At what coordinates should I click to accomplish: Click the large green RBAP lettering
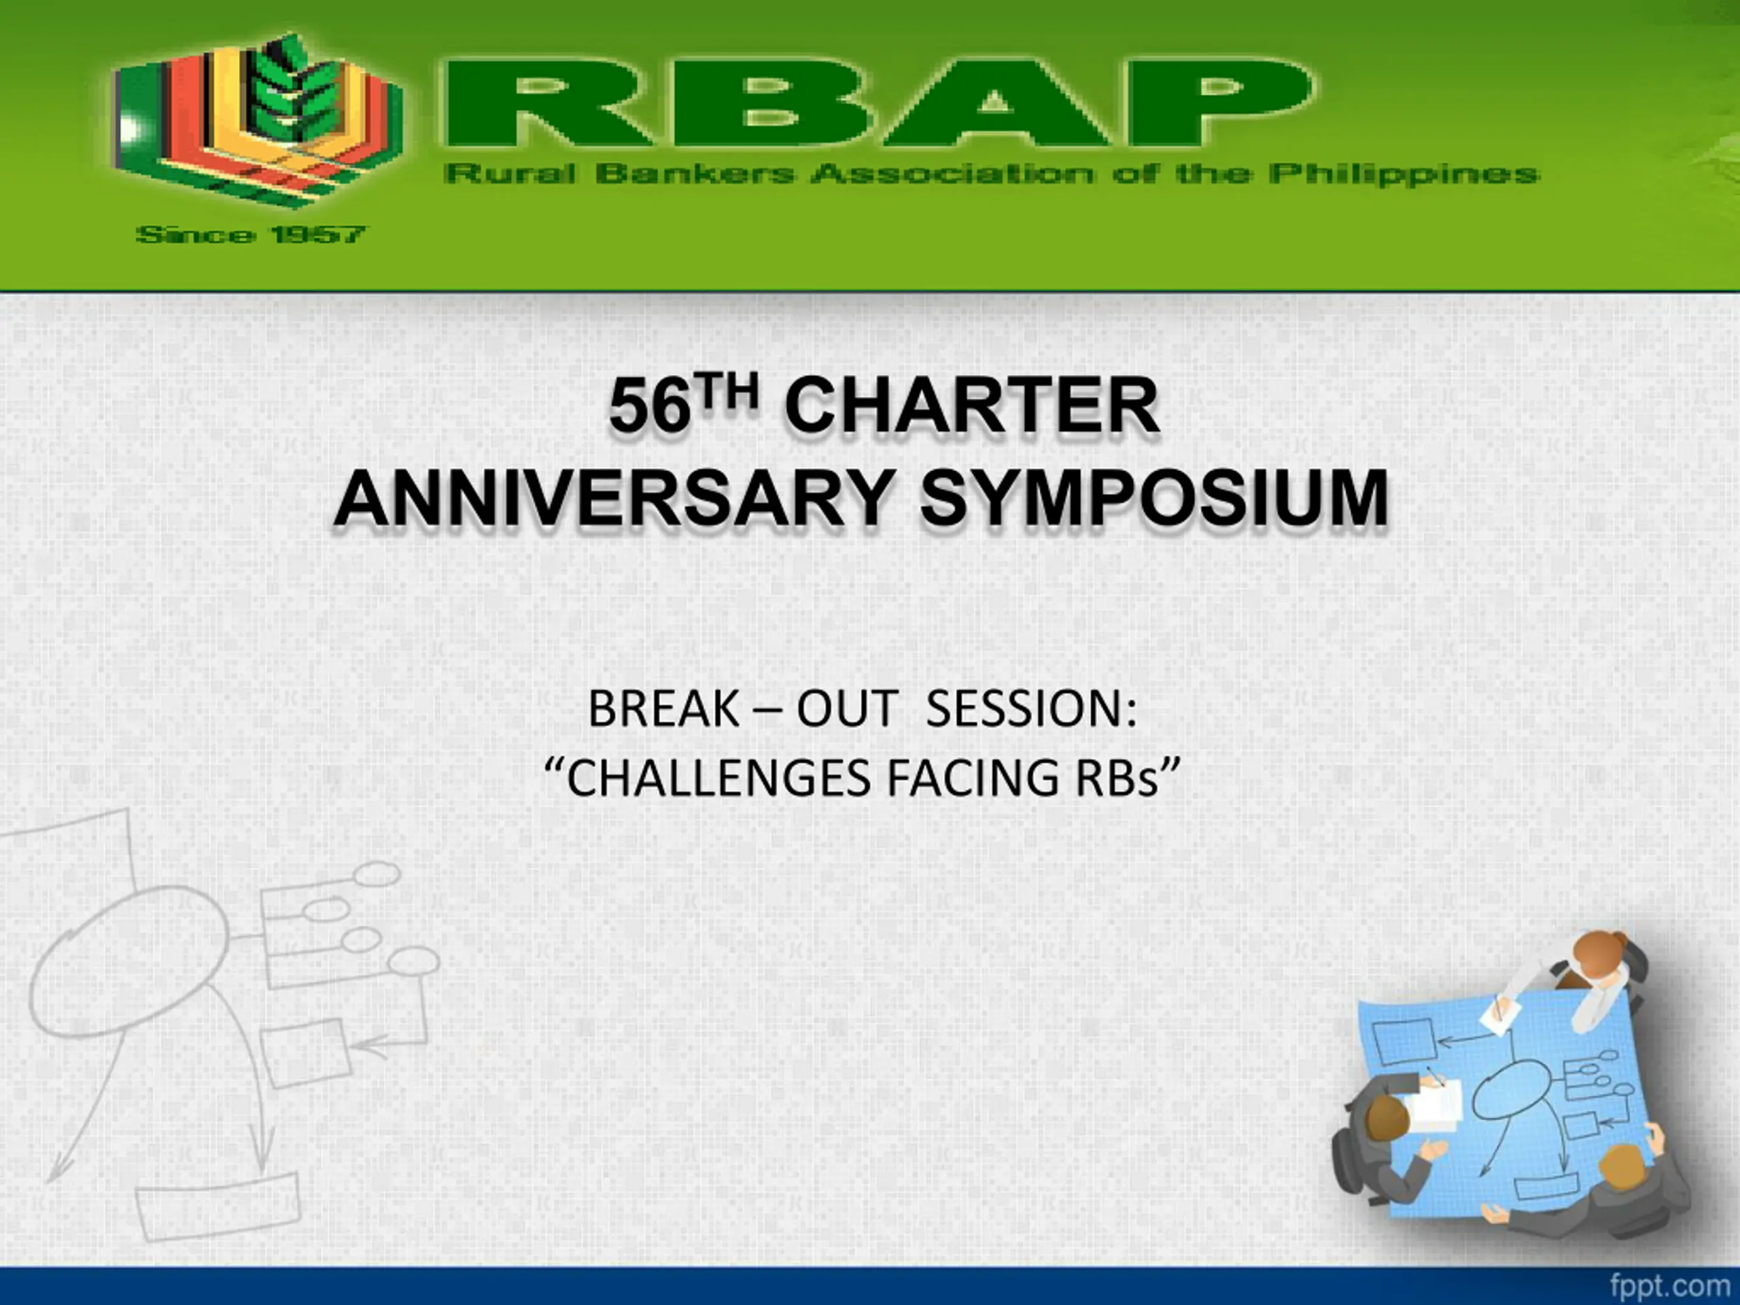pyautogui.click(x=879, y=103)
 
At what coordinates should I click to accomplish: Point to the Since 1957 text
pyautogui.click(x=251, y=234)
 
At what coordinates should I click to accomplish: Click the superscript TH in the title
pyautogui.click(x=728, y=391)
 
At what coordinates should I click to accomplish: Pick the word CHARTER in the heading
pyautogui.click(x=972, y=405)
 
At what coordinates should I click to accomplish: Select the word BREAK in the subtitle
pyautogui.click(x=663, y=709)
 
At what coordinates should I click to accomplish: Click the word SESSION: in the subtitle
pyautogui.click(x=1031, y=709)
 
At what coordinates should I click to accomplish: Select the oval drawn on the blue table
pyautogui.click(x=1511, y=1089)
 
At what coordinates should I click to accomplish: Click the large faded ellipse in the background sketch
pyautogui.click(x=129, y=961)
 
